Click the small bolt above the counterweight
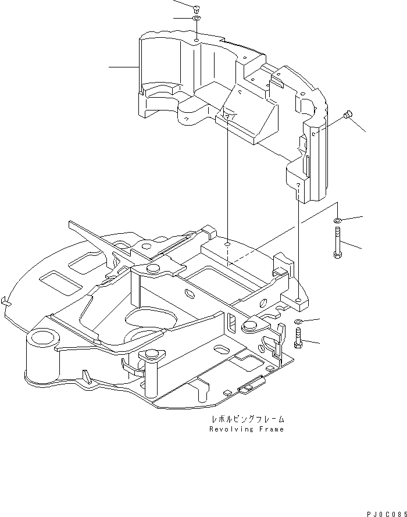point(196,8)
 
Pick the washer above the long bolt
point(337,220)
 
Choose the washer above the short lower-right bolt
point(298,321)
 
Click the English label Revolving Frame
point(247,429)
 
